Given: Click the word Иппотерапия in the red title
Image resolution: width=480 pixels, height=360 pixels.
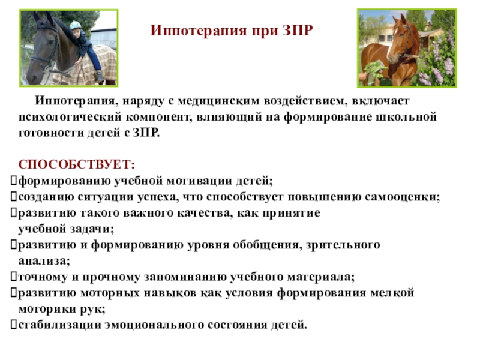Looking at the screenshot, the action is (199, 31).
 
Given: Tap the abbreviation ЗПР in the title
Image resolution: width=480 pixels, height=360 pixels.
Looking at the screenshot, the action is (297, 31).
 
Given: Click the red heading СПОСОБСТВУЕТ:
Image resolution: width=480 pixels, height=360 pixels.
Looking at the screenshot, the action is (77, 164).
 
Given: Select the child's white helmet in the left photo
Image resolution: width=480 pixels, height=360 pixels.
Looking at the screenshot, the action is (75, 25).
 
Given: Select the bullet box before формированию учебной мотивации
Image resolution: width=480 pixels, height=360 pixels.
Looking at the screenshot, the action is (13, 181).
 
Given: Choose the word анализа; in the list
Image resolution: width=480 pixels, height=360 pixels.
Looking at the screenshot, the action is (44, 261).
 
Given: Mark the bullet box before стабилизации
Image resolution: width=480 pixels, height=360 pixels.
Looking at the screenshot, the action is (13, 325).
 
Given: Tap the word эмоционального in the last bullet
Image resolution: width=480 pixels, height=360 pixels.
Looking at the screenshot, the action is (155, 325).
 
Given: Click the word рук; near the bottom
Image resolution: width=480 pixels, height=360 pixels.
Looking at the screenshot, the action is (93, 309).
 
